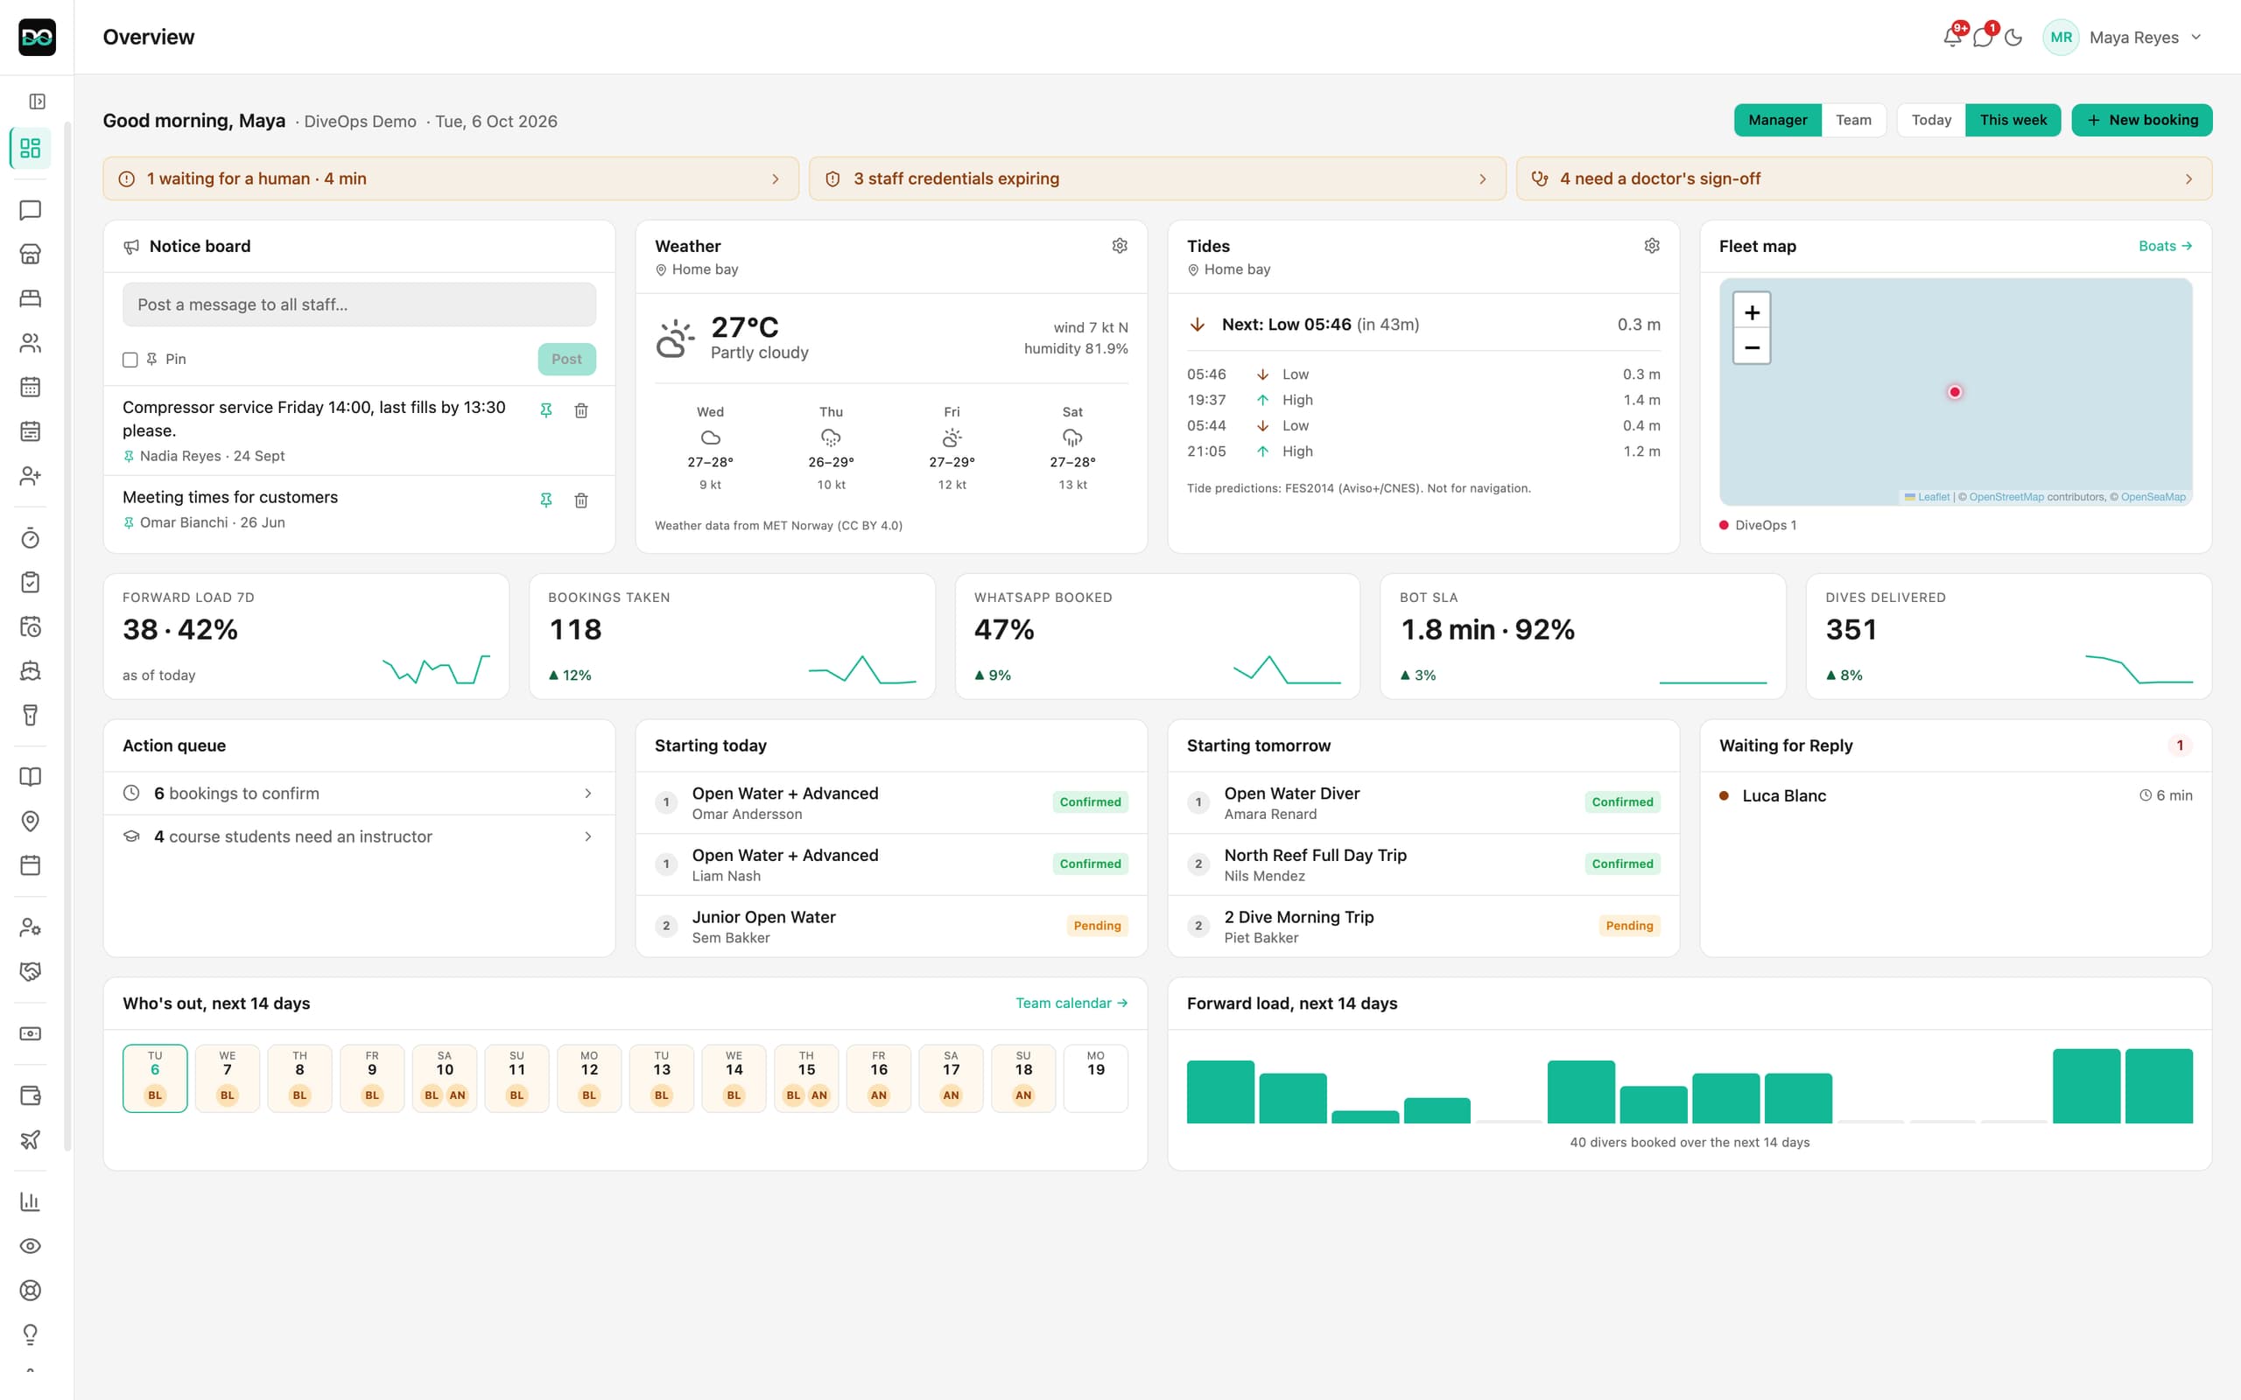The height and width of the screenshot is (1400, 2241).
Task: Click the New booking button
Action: coord(2141,121)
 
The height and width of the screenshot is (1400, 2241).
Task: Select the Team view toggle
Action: coord(1853,121)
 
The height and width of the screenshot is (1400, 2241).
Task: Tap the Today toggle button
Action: coord(1931,121)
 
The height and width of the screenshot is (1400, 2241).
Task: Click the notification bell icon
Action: coord(1952,37)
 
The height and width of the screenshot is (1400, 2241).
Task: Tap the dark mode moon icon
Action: coord(2013,38)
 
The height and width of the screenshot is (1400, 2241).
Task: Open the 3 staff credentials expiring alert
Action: coord(1156,178)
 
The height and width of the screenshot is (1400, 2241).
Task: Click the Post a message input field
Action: coord(359,304)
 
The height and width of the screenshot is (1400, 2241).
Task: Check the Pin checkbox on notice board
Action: coord(130,360)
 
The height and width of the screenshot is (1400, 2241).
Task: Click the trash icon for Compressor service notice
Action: coord(581,410)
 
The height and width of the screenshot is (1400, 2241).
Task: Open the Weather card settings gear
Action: coord(1120,245)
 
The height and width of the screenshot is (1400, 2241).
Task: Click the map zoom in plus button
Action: coord(1751,312)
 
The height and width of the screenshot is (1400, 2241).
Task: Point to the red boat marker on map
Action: coord(1955,392)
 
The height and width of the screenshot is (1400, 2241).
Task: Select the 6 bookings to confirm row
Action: coord(359,794)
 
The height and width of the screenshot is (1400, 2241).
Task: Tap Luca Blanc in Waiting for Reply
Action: coord(1783,795)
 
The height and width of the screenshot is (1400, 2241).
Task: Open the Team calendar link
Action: coord(1071,1003)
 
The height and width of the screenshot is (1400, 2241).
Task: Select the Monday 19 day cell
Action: coord(1095,1078)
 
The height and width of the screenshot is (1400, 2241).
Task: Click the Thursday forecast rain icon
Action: coord(831,438)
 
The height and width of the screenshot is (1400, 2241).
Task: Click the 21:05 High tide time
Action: coord(1206,451)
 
